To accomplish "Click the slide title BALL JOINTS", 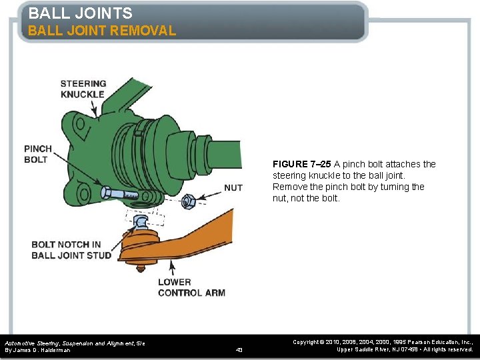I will point(80,13).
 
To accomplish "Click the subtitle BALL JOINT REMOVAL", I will point(101,31).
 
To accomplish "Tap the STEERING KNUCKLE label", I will point(83,89).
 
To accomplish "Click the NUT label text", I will point(233,188).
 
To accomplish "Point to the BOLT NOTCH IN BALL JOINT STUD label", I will point(71,250).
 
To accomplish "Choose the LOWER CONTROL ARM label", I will point(191,287).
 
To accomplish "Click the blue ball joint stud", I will point(142,222).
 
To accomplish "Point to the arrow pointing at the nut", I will point(210,194).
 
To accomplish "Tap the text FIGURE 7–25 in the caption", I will point(302,164).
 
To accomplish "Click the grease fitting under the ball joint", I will point(141,268).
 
